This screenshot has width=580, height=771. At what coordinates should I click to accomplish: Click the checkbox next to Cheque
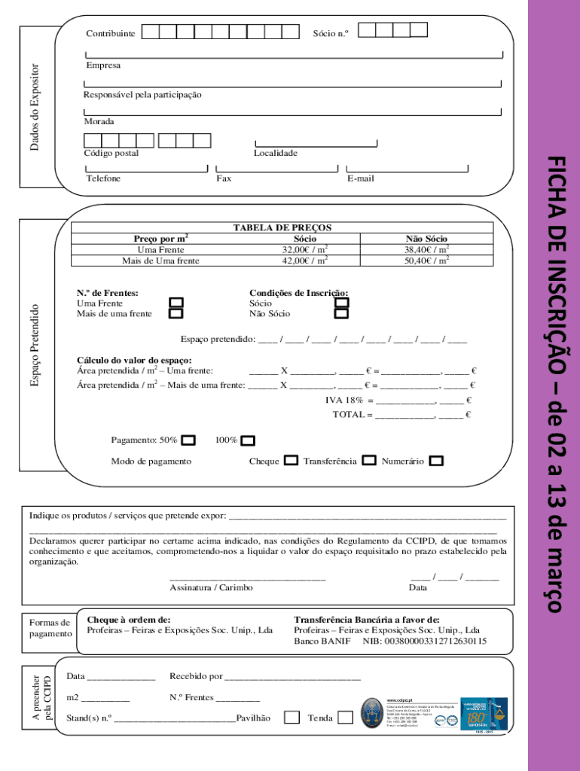coord(292,461)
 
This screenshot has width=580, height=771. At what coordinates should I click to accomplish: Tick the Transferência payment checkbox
coord(369,461)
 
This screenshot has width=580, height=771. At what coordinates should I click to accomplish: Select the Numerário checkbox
coord(436,461)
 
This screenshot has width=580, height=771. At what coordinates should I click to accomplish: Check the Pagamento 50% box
coord(189,440)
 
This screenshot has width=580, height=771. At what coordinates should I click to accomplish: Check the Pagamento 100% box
coord(248,440)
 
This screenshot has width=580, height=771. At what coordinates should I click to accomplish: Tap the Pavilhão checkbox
coord(292,718)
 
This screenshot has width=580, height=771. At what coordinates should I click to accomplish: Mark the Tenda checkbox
coord(345,718)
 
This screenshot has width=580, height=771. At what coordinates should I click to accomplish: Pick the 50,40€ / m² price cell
coord(426,261)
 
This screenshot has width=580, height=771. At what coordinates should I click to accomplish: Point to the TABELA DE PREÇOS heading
coord(282,227)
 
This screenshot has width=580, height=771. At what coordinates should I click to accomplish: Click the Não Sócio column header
coord(426,239)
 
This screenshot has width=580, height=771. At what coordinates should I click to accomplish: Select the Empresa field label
coord(102,66)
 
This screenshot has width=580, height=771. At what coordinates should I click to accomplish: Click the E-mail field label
coord(360,178)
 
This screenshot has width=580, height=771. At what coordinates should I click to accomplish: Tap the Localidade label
coord(275,153)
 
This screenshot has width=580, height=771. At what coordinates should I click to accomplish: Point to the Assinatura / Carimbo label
coord(211,587)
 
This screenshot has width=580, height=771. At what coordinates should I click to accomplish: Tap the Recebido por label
coord(196,676)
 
